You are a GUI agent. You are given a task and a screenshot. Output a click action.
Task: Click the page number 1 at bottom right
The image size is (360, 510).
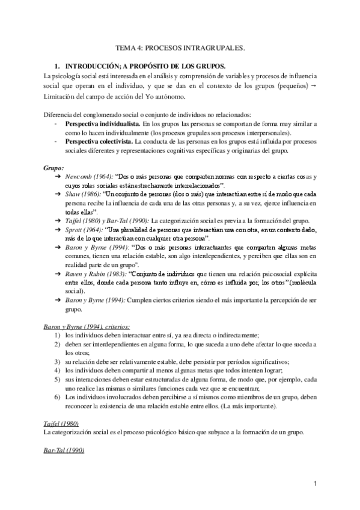point(315,483)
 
